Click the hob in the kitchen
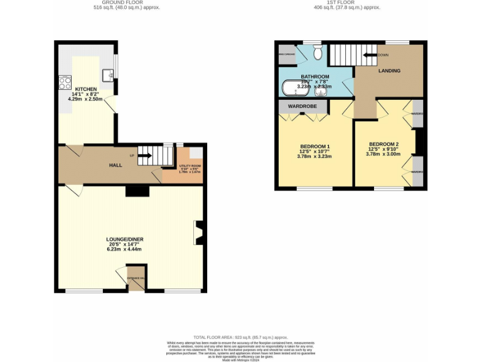pyautogui.click(x=65, y=82)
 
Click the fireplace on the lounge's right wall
pyautogui.click(x=198, y=233)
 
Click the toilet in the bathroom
pyautogui.click(x=318, y=54)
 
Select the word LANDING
pyautogui.click(x=388, y=71)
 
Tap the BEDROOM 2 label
pyautogui.click(x=383, y=144)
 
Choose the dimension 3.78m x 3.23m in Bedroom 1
pyautogui.click(x=314, y=156)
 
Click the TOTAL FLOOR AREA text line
pyautogui.click(x=241, y=337)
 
